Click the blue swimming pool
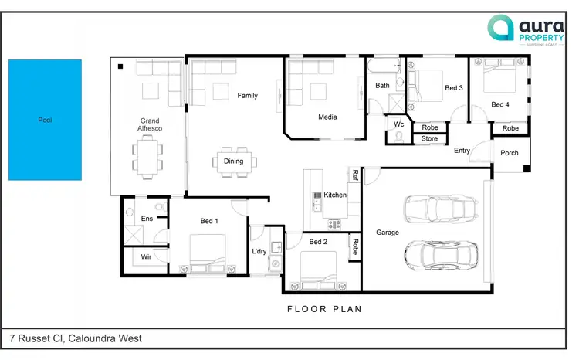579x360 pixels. (45, 120)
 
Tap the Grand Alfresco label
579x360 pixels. (149, 125)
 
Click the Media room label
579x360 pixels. (327, 117)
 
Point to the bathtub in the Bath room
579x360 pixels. (383, 66)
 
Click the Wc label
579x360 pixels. (399, 124)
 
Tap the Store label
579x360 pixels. (430, 139)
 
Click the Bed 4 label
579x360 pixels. (500, 104)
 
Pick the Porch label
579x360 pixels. (510, 153)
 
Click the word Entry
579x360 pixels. (462, 151)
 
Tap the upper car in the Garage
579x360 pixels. (435, 208)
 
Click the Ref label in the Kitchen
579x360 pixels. (355, 175)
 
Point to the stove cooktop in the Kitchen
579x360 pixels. (335, 225)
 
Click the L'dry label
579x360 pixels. (259, 252)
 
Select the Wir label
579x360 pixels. (145, 257)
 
